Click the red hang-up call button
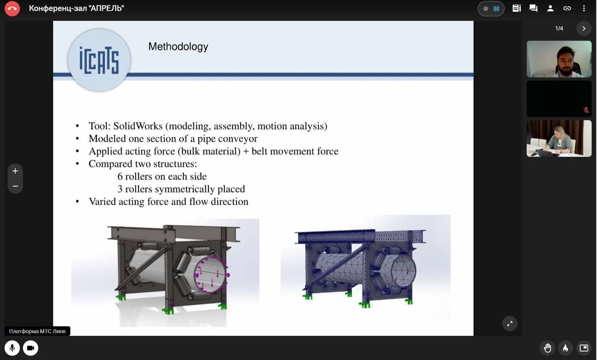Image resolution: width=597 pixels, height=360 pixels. point(12,8)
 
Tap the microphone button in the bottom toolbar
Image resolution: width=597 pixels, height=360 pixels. point(12,348)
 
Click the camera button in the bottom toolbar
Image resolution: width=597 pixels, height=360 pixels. point(31,348)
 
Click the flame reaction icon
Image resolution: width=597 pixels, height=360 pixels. point(566,348)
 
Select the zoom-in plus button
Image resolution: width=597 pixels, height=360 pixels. point(15,171)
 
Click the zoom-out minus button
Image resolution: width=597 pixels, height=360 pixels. point(15,186)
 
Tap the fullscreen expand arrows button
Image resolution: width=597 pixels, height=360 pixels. point(510,324)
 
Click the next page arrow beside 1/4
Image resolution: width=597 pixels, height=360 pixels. point(583,28)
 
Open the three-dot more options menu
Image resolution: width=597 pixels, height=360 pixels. point(583,8)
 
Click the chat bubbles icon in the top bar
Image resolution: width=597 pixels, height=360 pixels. point(533,8)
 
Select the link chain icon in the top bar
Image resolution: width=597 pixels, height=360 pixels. point(567,8)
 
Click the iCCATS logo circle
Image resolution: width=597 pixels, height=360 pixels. point(99,60)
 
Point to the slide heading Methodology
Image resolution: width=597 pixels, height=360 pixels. point(178,47)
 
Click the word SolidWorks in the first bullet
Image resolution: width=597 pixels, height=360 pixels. point(138,126)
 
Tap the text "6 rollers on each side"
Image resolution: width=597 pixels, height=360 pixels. point(162,176)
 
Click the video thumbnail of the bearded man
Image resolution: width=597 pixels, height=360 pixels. point(559,59)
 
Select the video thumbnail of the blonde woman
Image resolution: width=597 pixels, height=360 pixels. point(559,138)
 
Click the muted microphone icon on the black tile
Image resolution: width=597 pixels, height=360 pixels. point(586,110)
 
